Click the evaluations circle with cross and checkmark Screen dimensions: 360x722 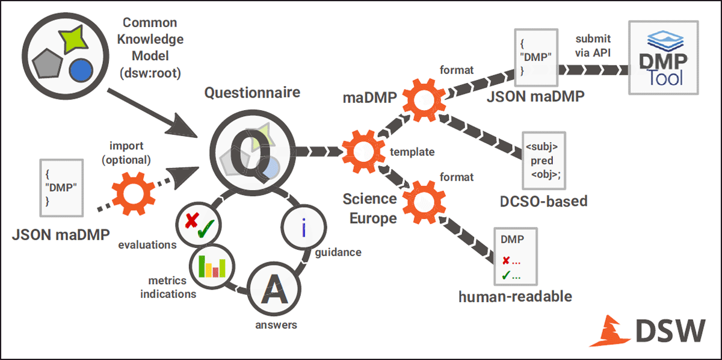click(x=199, y=225)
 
